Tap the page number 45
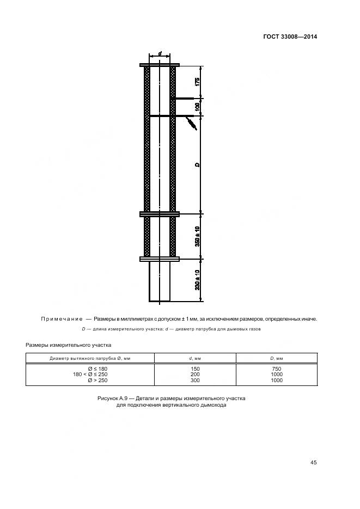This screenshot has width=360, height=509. click(313, 463)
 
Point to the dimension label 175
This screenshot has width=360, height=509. click(197, 82)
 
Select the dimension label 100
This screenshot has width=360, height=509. click(197, 107)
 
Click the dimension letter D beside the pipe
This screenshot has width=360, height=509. click(197, 164)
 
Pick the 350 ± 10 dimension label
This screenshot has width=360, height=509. click(197, 236)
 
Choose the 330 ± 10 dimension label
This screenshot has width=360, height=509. click(197, 280)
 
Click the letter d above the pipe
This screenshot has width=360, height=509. click(160, 54)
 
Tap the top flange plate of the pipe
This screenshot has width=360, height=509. click(160, 65)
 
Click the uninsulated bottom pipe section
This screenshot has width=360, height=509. click(160, 281)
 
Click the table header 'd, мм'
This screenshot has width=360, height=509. click(195, 358)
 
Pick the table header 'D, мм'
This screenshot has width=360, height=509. click(276, 358)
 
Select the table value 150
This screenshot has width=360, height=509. click(195, 369)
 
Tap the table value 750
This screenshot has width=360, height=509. click(276, 369)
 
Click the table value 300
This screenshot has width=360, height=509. click(195, 381)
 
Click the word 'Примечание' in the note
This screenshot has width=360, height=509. click(61, 318)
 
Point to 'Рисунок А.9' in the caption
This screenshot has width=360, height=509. click(114, 398)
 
